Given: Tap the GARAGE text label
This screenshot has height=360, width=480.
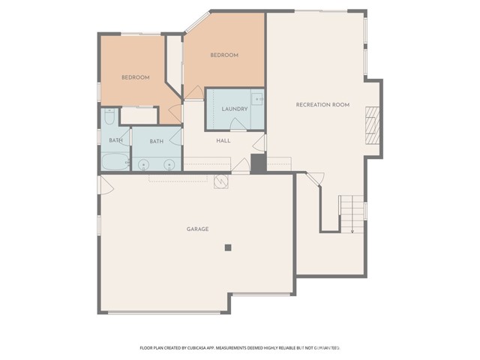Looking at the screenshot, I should click(x=197, y=229).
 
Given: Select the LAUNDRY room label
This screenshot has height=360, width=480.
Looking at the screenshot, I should click(x=234, y=109).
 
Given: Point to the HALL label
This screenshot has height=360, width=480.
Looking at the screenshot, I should click(x=223, y=140).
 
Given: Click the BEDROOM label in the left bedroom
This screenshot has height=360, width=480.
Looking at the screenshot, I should click(x=136, y=77).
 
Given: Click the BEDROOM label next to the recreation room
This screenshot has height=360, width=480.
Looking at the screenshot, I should click(x=223, y=55).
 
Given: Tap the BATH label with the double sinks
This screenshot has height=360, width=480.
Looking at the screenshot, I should click(x=156, y=141).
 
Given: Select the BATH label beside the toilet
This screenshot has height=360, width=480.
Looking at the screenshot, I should click(x=115, y=140).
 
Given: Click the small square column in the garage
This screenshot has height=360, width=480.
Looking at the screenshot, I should click(x=229, y=247).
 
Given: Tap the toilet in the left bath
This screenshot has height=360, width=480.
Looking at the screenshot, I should click(x=109, y=117).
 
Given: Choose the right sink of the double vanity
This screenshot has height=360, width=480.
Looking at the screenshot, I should click(x=169, y=164).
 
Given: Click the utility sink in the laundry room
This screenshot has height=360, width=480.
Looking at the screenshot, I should click(x=257, y=98).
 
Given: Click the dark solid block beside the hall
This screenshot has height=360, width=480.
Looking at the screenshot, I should click(x=258, y=164).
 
